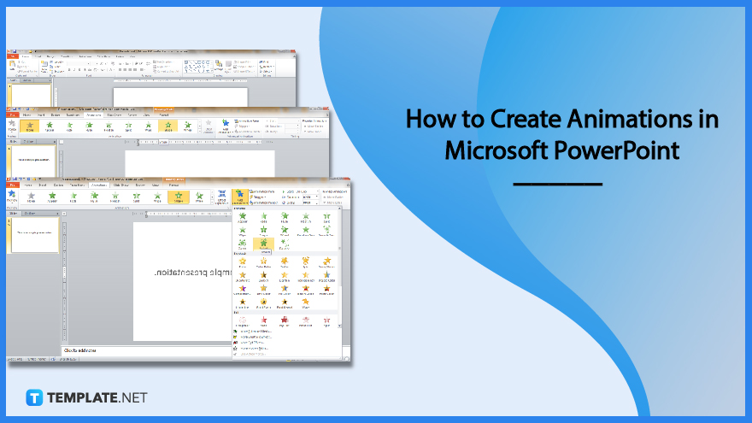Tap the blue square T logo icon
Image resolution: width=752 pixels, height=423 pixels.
pyautogui.click(x=35, y=397)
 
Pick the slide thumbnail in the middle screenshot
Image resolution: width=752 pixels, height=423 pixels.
pyautogui.click(x=32, y=159)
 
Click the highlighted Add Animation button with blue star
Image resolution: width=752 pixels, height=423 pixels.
pyautogui.click(x=241, y=198)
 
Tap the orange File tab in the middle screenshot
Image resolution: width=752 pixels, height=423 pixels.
pyautogui.click(x=12, y=115)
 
